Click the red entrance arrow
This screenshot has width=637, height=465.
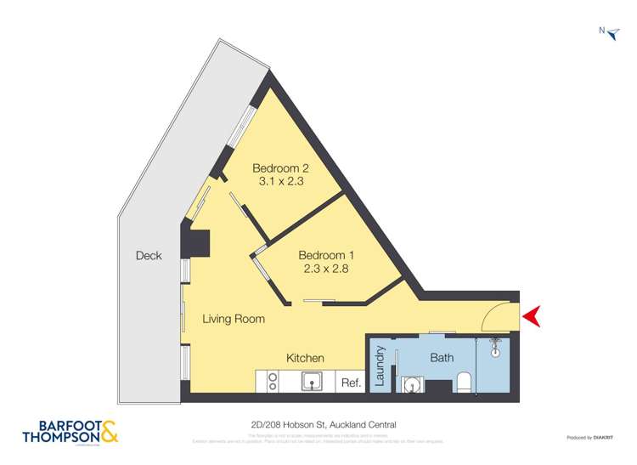click(x=533, y=317)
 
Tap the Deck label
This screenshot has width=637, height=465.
click(x=148, y=255)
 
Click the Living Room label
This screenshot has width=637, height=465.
click(x=233, y=320)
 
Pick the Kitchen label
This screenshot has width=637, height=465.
click(x=305, y=358)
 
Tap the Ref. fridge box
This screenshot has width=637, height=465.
click(x=351, y=383)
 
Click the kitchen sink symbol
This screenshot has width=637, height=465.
click(x=314, y=382)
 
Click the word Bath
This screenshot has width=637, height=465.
click(x=442, y=358)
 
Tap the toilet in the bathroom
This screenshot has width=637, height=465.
click(x=465, y=383)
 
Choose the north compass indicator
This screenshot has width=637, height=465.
click(x=609, y=31)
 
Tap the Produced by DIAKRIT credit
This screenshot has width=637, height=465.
click(x=591, y=438)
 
